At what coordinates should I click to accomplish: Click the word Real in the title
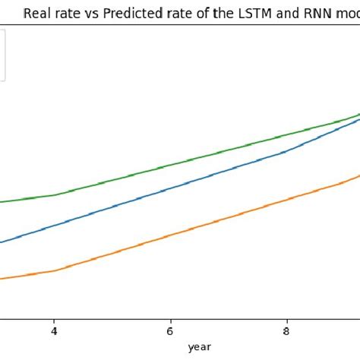[38, 13]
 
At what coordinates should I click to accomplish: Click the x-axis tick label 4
[54, 331]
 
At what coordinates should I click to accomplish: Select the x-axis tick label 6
[170, 331]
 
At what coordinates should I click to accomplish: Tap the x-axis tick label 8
[286, 331]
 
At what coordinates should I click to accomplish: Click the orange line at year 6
[170, 235]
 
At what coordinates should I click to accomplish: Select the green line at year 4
[54, 194]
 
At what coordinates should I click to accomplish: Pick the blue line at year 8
[286, 150]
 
